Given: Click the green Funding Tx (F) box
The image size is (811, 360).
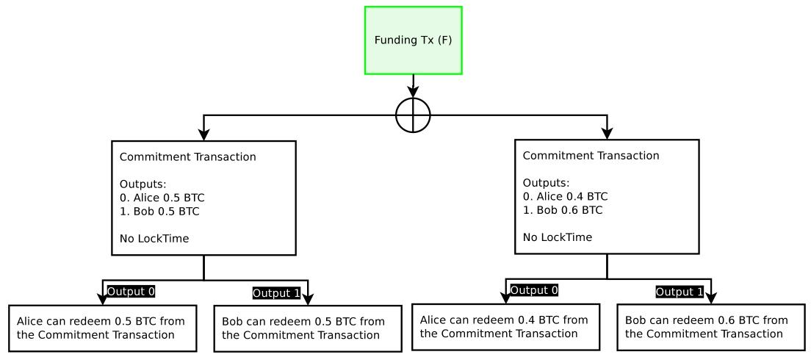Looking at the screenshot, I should tap(413, 40).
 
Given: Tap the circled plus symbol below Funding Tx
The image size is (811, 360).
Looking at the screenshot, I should tap(413, 115).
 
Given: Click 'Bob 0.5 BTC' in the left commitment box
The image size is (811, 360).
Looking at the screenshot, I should tap(155, 212).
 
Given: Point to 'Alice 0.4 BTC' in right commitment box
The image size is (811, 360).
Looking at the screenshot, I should tap(564, 196).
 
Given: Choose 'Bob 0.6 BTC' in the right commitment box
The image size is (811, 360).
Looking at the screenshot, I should tap(562, 210).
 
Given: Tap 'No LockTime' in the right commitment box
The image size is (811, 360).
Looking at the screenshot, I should tap(557, 237).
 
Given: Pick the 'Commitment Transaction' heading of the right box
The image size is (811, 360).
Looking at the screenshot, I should tap(591, 156).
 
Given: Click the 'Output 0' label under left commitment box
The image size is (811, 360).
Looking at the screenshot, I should tap(131, 291).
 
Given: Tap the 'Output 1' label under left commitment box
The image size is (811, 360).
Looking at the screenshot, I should tap(276, 293).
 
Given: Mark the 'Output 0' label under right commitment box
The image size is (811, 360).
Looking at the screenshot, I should tap(534, 289).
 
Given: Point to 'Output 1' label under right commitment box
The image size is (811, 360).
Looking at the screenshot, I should tap(680, 292).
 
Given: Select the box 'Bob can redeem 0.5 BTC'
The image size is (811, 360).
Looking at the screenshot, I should tap(303, 329).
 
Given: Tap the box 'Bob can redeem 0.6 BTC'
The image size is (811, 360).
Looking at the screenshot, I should tap(706, 327).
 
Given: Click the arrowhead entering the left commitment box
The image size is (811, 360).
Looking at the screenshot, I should tap(203, 134).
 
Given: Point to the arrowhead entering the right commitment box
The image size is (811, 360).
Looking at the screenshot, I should tap(608, 132).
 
